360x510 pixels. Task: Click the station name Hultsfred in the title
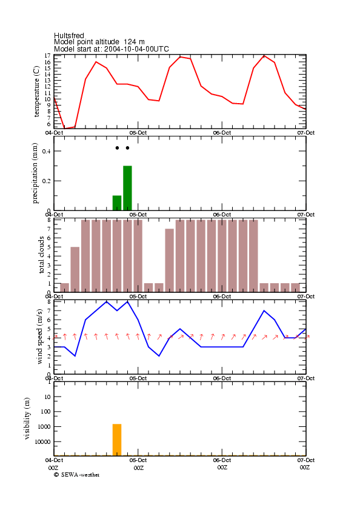pyautogui.click(x=69, y=35)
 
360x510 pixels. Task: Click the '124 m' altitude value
pyautogui.click(x=134, y=42)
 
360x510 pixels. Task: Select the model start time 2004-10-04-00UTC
pyautogui.click(x=136, y=49)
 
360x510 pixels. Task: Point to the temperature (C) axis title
pyautogui.click(x=36, y=92)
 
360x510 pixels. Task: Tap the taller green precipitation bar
pyautogui.click(x=127, y=188)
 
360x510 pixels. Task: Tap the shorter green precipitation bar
pyautogui.click(x=117, y=203)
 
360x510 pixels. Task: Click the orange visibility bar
pyautogui.click(x=117, y=440)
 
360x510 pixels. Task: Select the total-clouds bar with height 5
pyautogui.click(x=75, y=269)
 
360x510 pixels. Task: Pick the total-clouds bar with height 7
pyautogui.click(x=170, y=260)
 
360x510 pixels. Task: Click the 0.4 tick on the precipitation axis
pyautogui.click(x=47, y=151)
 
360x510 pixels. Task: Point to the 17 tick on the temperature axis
pyautogui.click(x=47, y=56)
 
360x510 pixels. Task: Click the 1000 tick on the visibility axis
pyautogui.click(x=44, y=427)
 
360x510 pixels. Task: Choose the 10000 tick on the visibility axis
pyautogui.click(x=42, y=441)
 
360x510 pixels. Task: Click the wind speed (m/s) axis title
pyautogui.click(x=39, y=337)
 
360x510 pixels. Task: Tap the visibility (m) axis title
pyautogui.click(x=27, y=418)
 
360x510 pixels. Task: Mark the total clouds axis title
pyautogui.click(x=41, y=255)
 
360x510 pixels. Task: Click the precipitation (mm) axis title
pyautogui.click(x=35, y=173)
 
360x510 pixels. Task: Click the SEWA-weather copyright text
pyautogui.click(x=77, y=475)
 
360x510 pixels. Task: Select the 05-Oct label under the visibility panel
pyautogui.click(x=138, y=460)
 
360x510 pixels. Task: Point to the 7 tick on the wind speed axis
pyautogui.click(x=49, y=311)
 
